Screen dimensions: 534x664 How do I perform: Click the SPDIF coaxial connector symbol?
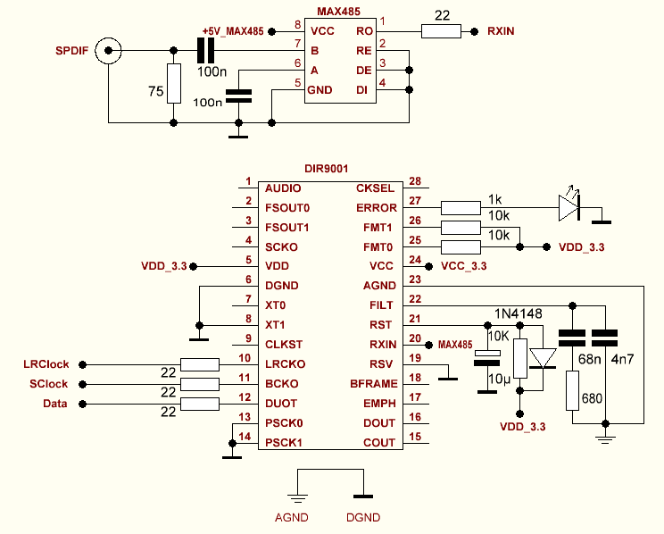[109, 52]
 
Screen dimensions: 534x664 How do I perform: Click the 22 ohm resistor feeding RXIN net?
[440, 31]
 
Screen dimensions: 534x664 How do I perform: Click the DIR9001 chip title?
[326, 168]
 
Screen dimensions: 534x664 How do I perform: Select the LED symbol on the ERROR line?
[569, 208]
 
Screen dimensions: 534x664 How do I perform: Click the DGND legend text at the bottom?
[362, 517]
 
